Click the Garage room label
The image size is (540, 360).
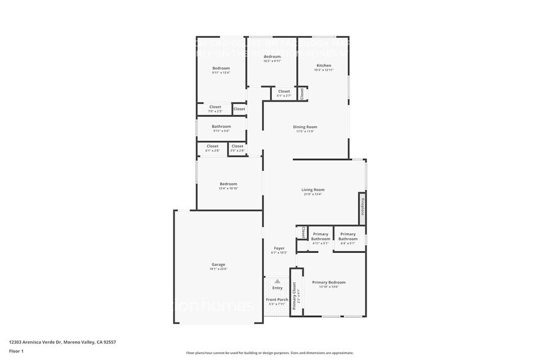point(219,264)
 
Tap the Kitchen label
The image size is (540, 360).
point(324,66)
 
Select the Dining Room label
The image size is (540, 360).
point(304,127)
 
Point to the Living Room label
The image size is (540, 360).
point(312,190)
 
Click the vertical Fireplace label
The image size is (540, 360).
point(362,207)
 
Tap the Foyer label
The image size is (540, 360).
point(279,248)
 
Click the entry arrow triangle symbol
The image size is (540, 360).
point(277,281)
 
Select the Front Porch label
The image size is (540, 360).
point(277,299)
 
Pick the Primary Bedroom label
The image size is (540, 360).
point(329,282)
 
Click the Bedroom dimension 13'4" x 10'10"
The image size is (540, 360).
point(228,189)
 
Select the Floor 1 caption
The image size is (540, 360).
point(16,351)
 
